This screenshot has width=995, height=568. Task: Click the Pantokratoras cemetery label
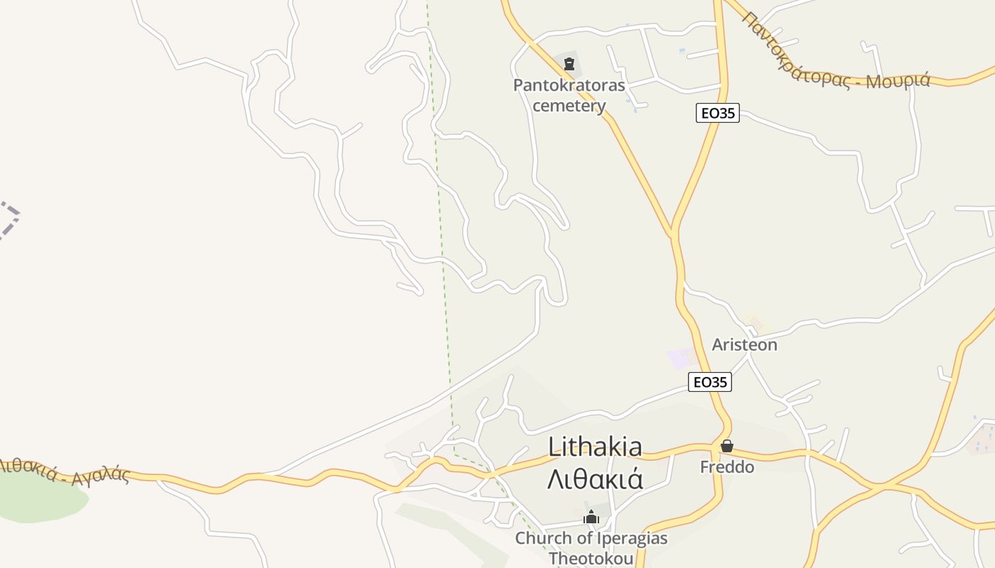point(569,96)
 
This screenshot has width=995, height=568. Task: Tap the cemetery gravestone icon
point(569,64)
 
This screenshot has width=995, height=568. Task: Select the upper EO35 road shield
point(717,113)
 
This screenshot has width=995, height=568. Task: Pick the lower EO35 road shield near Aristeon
point(710,382)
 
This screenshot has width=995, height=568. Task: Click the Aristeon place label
point(744,345)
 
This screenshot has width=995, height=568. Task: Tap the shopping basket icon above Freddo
point(726,446)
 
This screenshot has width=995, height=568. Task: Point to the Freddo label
point(726,467)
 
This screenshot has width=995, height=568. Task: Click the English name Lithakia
point(595,447)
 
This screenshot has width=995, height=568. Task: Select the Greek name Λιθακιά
point(595,479)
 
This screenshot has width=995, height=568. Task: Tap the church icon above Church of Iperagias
point(591,517)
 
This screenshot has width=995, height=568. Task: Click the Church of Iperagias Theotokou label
point(591,547)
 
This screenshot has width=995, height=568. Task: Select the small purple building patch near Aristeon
point(679,359)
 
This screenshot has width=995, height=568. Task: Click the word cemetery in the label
point(569,106)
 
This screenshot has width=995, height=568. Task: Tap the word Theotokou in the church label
point(591,558)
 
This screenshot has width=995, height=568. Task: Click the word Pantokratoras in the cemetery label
point(569,86)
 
